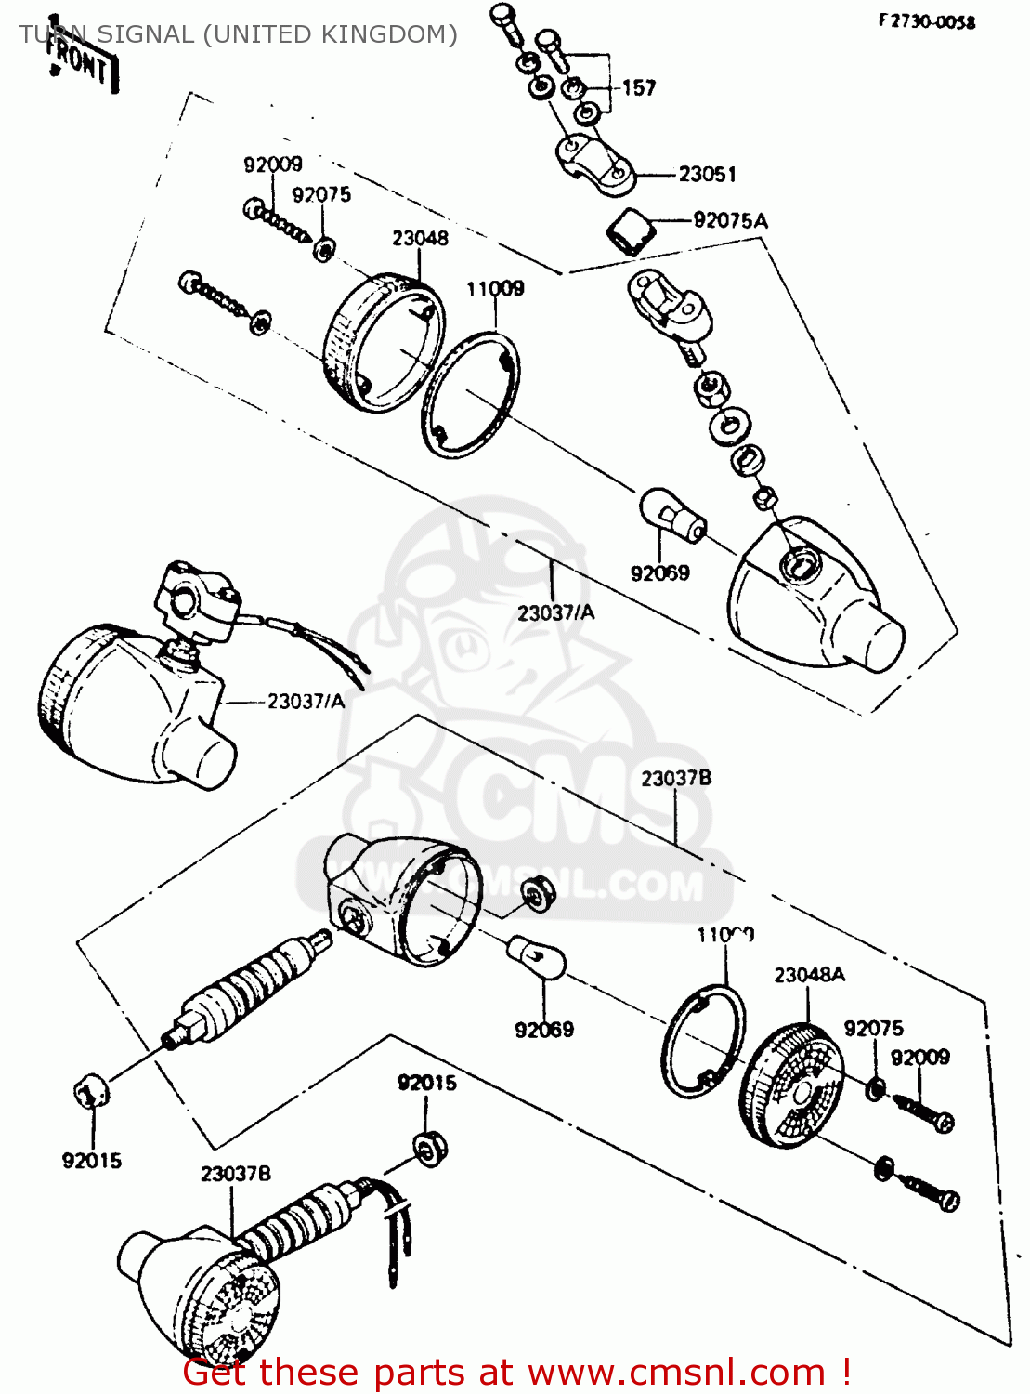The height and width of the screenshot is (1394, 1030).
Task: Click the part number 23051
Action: click(x=707, y=174)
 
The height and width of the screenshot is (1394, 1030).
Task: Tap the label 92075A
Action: click(x=731, y=220)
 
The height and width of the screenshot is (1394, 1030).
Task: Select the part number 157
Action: click(x=639, y=88)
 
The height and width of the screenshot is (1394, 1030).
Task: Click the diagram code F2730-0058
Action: click(x=926, y=21)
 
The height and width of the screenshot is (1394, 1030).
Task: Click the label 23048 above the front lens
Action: click(x=420, y=238)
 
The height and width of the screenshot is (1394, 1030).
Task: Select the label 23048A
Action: click(x=809, y=974)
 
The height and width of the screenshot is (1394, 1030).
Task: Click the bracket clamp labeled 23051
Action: click(x=594, y=164)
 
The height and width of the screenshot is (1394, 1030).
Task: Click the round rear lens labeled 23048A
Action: click(x=792, y=1085)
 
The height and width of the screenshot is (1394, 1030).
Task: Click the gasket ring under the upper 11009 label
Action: click(x=471, y=395)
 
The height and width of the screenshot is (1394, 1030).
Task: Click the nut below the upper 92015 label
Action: click(x=430, y=1149)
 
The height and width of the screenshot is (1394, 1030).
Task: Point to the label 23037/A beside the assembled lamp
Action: click(x=306, y=701)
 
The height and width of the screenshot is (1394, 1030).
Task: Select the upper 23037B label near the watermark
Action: click(x=675, y=778)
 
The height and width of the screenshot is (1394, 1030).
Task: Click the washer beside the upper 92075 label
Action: click(x=324, y=248)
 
